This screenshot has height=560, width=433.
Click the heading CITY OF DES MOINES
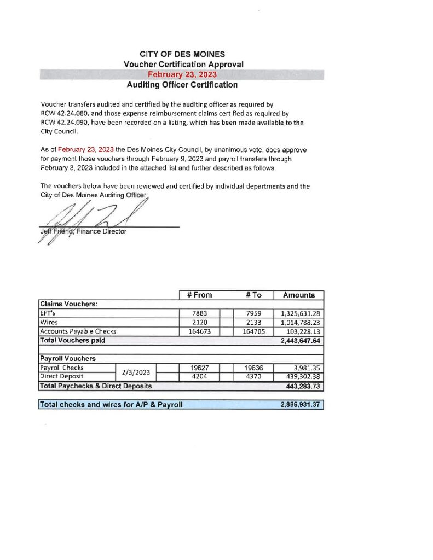point(182,54)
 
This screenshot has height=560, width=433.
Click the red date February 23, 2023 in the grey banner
point(182,75)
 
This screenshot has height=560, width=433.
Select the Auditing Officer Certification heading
point(182,85)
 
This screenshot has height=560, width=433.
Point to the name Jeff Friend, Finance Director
point(83,231)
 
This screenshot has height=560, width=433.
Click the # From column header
point(198,295)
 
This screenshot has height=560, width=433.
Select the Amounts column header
point(298,295)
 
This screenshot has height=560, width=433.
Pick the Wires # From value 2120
point(198,323)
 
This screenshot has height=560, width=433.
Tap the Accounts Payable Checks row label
point(78,331)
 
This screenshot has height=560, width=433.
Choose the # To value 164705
point(252,331)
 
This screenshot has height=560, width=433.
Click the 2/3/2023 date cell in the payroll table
point(136,372)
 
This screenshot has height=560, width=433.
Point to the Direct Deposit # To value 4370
point(252,377)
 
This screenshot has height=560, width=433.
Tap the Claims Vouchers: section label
point(68,304)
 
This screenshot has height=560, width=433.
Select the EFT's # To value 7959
point(252,314)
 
